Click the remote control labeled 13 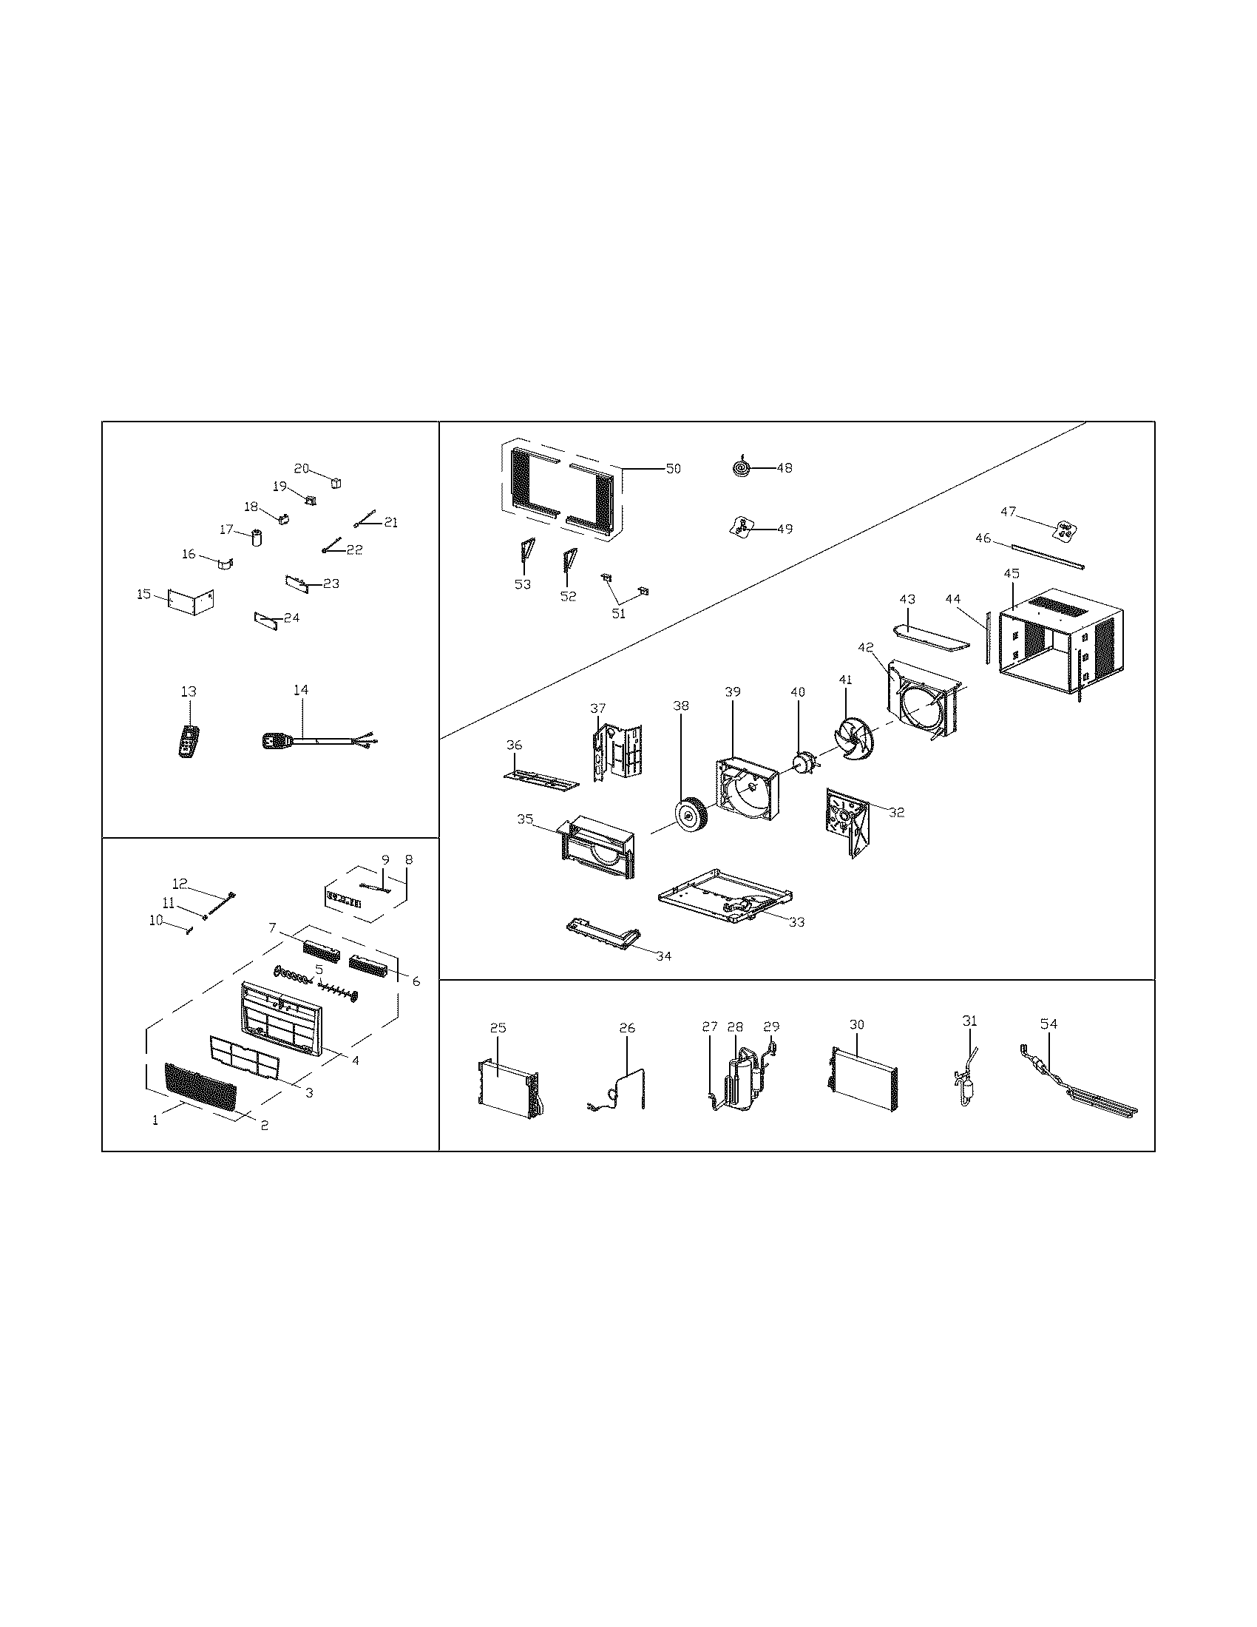tap(189, 740)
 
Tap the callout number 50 tap(672, 469)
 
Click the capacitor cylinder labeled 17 tap(257, 536)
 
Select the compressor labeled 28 tap(740, 1087)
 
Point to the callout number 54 tap(1048, 1024)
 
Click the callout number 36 tap(514, 745)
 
